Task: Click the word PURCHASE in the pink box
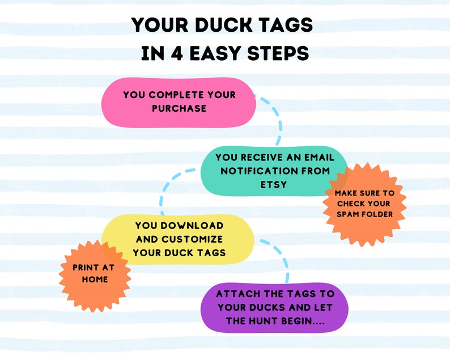point(179,108)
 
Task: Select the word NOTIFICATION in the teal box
point(262,170)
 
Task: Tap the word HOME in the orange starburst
point(95,279)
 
